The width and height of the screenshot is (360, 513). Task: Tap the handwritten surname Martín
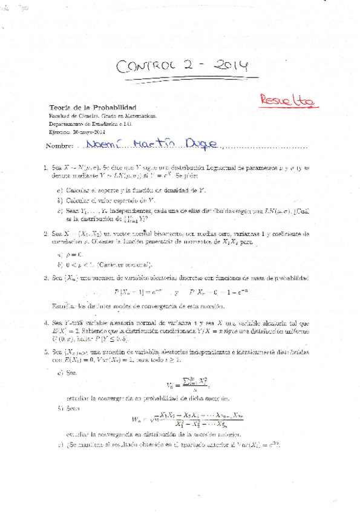[x=151, y=145]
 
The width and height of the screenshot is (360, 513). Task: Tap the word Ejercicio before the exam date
[x=61, y=131]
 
